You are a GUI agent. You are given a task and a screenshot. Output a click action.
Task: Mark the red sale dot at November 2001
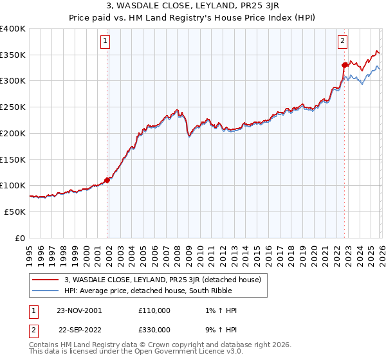pos(107,180)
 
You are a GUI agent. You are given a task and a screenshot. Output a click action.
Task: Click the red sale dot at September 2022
pos(345,64)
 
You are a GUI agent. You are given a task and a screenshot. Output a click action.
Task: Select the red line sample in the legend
pos(46,280)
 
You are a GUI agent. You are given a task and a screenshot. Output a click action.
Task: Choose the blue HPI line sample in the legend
pos(46,290)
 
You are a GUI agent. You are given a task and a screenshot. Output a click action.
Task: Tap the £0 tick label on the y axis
pos(20,237)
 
